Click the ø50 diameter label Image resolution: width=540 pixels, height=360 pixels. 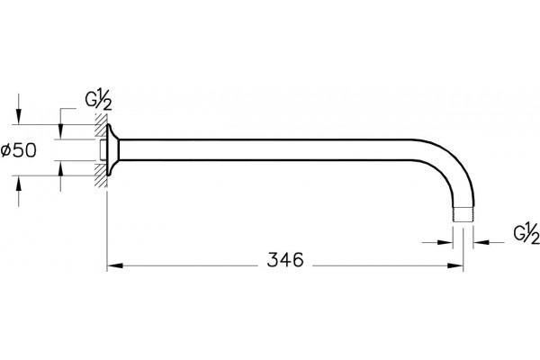tap(19, 150)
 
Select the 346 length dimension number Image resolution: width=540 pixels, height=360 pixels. tap(285, 259)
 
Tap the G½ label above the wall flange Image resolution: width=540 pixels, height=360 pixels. tap(98, 100)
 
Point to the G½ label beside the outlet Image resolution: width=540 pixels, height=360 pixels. tap(526, 234)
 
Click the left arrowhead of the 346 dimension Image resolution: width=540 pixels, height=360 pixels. tap(115, 266)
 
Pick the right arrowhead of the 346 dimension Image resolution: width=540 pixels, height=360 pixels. tap(455, 266)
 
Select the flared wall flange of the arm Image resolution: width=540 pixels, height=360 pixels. tap(112, 150)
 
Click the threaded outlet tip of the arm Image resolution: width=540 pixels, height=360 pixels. tap(463, 214)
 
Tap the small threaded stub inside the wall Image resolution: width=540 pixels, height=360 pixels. tap(103, 150)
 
